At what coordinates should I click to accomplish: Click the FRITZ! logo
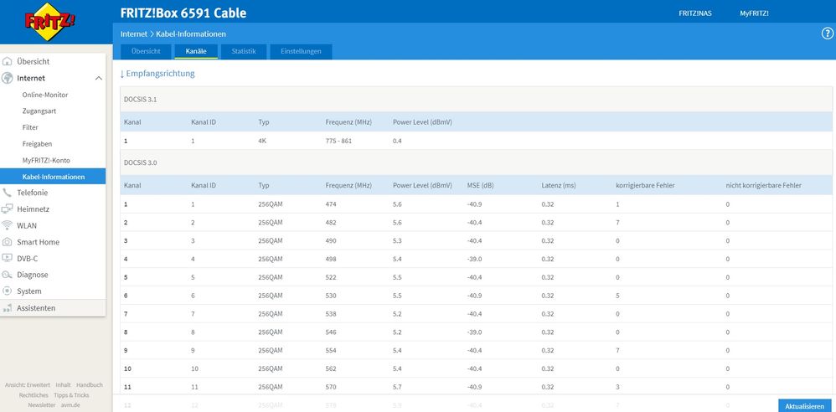point(49,21)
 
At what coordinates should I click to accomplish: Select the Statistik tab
point(244,52)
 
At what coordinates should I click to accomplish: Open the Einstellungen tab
point(301,52)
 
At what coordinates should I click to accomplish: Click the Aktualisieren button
point(804,405)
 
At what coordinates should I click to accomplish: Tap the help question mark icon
point(827,33)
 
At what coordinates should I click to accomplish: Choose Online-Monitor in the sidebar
point(44,95)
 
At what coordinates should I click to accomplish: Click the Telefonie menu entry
point(32,193)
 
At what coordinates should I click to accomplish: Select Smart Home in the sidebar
point(38,242)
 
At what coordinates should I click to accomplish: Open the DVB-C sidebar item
point(27,259)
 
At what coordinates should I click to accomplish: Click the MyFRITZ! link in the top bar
point(754,13)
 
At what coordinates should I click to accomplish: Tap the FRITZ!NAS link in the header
point(694,13)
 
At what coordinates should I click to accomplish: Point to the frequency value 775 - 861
point(338,142)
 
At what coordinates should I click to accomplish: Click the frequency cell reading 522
point(331,277)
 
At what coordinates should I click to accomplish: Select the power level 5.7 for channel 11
point(397,387)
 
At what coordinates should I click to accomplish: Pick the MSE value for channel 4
point(474,259)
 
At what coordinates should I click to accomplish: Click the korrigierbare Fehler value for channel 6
point(617,296)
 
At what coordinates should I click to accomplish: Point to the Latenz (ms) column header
point(558,185)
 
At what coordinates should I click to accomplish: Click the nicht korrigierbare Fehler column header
point(763,185)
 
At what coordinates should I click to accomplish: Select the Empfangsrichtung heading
point(157,74)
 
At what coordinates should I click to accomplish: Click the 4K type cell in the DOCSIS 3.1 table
point(262,142)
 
